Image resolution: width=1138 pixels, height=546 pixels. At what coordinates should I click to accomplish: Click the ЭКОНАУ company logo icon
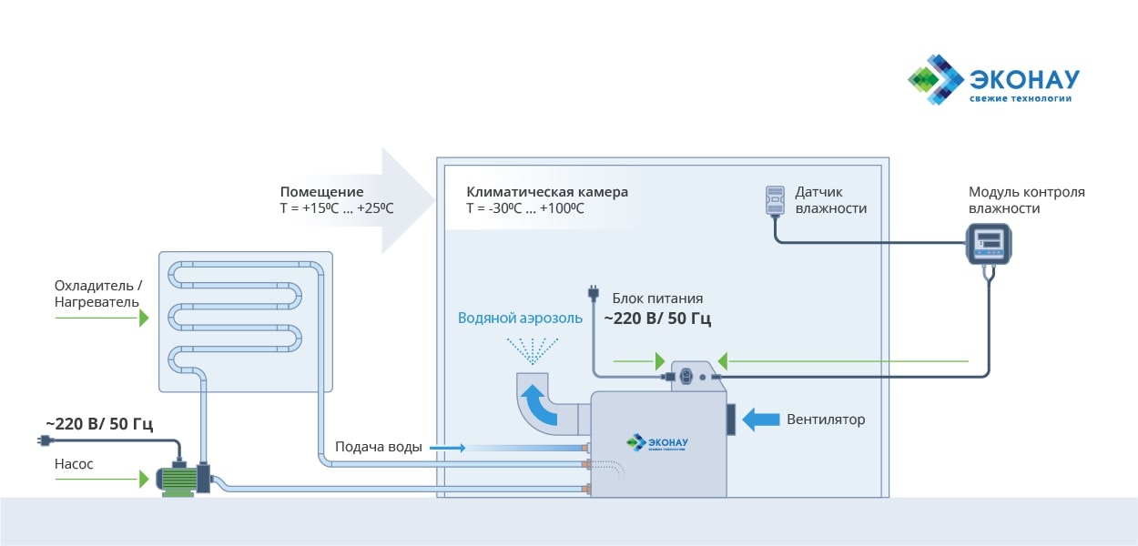[x=935, y=79]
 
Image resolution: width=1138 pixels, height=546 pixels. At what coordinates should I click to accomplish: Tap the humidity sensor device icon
[x=775, y=201]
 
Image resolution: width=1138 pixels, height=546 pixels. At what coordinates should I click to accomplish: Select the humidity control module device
[x=989, y=243]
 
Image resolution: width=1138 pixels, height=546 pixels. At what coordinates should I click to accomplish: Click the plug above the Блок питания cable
[x=593, y=293]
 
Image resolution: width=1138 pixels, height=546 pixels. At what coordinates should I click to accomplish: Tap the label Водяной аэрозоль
[x=519, y=318]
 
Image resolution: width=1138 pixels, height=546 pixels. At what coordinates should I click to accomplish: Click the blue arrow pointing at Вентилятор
[x=761, y=420]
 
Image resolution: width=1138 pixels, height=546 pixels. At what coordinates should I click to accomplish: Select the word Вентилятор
[x=826, y=420]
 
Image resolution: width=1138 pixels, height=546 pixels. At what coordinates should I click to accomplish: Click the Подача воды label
[x=378, y=447]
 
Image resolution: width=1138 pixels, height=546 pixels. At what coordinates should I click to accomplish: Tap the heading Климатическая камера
[x=547, y=192]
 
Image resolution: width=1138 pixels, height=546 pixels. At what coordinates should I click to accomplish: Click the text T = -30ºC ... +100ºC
[x=525, y=208]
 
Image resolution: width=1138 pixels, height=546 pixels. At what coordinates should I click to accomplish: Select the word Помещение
[x=321, y=192]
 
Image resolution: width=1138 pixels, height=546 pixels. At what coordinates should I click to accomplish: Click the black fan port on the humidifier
[x=730, y=419]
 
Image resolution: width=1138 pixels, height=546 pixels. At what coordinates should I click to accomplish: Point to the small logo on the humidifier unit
[x=656, y=443]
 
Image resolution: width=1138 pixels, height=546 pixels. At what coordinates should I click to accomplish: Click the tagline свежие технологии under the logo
[x=1020, y=98]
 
